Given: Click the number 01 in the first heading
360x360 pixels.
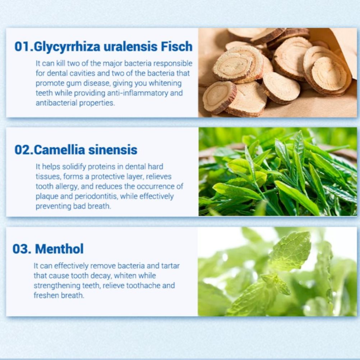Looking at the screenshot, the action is pos(23,46).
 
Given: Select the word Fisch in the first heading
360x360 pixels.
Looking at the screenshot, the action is pos(176,46).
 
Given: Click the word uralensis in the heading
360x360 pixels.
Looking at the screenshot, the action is pos(131,46).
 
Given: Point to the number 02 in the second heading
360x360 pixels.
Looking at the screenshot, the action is pos(23,150).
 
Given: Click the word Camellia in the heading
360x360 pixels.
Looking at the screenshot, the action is pos(60,150).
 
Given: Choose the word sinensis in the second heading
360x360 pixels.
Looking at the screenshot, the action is pos(113,150).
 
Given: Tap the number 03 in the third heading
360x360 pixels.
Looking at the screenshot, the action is pos(21,249).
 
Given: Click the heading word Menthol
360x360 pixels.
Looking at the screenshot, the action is pos(59,249).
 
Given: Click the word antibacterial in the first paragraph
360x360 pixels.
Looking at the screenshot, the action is pos(56,103).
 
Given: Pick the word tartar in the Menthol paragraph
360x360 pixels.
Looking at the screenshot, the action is pos(170,266).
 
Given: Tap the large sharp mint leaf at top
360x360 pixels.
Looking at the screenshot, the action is pos(290,250).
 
